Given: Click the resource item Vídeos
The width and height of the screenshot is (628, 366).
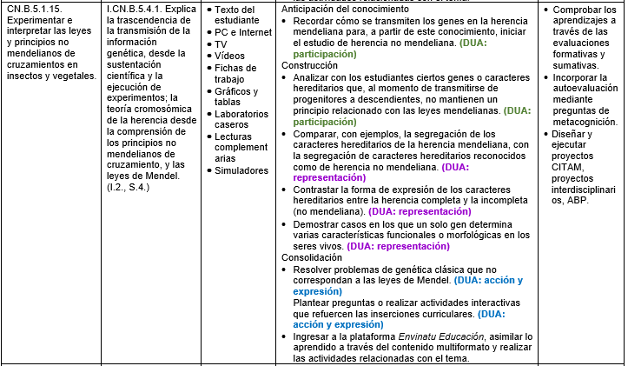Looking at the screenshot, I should [230, 57].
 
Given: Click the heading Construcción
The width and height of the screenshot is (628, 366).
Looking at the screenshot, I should [311, 65].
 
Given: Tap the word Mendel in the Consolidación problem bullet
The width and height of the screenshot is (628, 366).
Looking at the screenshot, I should [432, 281].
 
